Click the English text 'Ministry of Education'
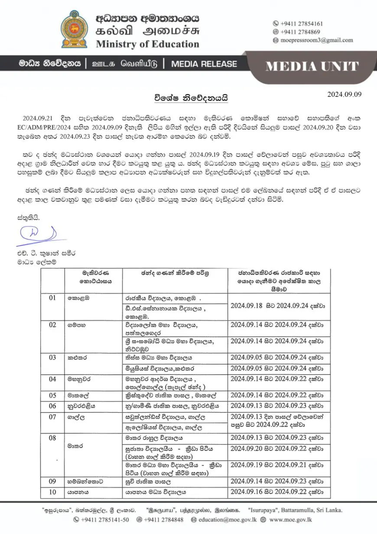[x=147, y=44]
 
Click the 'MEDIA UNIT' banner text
[x=312, y=67]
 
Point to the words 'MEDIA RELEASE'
[x=204, y=64]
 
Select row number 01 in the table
[x=52, y=298]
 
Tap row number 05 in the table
[x=52, y=396]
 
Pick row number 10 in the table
[x=52, y=492]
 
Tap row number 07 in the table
[x=52, y=417]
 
